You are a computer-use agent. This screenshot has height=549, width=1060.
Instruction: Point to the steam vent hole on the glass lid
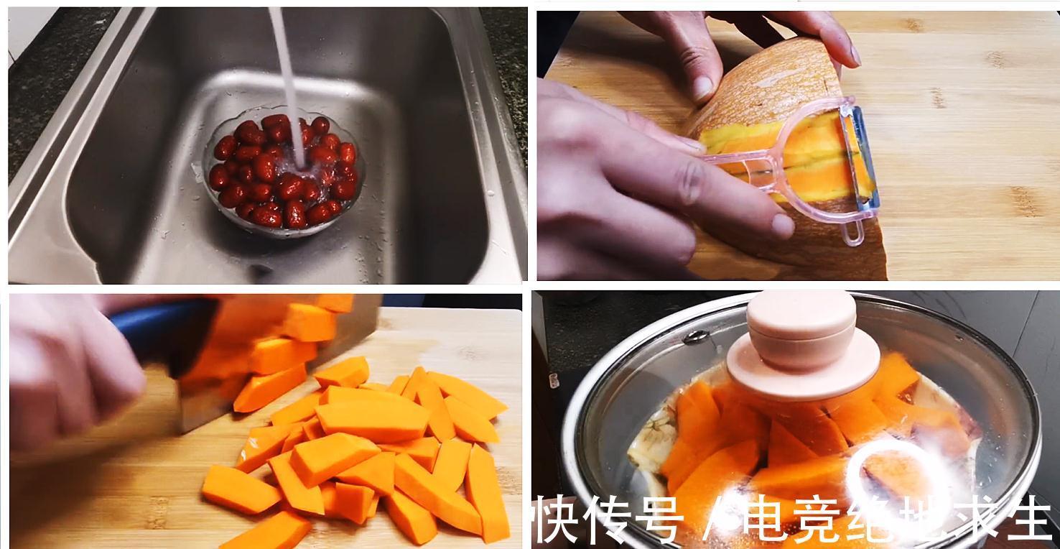point(697,336)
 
